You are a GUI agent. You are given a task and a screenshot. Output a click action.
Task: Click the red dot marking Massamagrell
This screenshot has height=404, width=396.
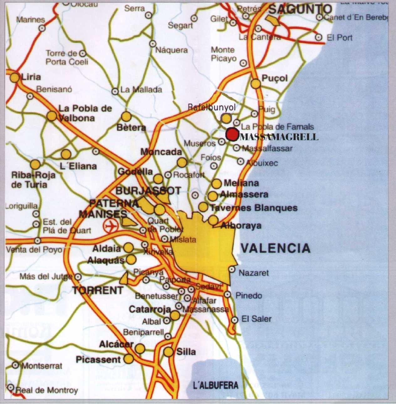tap(232, 134)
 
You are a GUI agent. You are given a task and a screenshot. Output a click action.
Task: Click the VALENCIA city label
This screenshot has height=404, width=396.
tap(276, 248)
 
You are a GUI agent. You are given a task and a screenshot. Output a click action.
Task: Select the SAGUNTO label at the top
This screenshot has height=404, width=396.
tap(300, 9)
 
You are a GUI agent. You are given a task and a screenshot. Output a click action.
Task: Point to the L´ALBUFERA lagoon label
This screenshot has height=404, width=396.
tap(216, 385)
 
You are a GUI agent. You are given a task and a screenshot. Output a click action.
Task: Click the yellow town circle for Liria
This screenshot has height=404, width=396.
tap(15, 78)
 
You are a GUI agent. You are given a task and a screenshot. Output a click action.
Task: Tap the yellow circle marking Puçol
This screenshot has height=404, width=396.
tap(256, 84)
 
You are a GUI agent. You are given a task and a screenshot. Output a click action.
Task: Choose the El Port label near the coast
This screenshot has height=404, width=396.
tap(340, 38)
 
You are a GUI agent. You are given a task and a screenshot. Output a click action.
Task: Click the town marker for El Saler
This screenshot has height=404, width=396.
tap(234, 320)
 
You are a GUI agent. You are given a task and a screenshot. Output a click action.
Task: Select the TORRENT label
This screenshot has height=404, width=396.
tap(98, 290)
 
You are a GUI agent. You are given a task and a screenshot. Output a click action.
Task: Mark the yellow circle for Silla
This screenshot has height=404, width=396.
tap(169, 352)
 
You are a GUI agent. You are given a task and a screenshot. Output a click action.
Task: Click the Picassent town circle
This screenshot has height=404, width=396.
tap(128, 359)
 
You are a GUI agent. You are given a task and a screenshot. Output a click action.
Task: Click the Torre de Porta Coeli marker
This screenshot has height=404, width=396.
tap(83, 53)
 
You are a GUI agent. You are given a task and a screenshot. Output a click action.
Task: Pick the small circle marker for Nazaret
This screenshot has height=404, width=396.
tap(232, 270)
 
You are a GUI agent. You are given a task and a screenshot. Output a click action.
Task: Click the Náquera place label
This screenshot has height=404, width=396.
tap(172, 50)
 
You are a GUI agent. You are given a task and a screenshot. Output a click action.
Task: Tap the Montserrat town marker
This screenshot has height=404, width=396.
tap(15, 365)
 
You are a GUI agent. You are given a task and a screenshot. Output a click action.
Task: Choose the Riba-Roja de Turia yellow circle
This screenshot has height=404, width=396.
tap(35, 164)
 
